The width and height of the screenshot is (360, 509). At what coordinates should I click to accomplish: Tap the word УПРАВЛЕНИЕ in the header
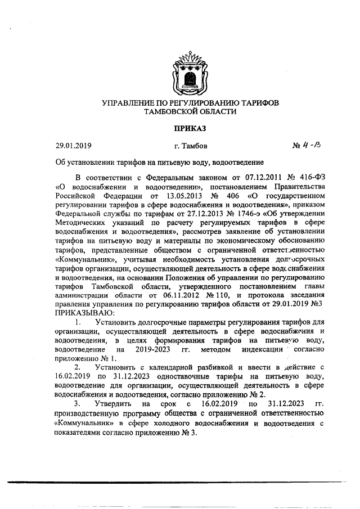tap(131, 103)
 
